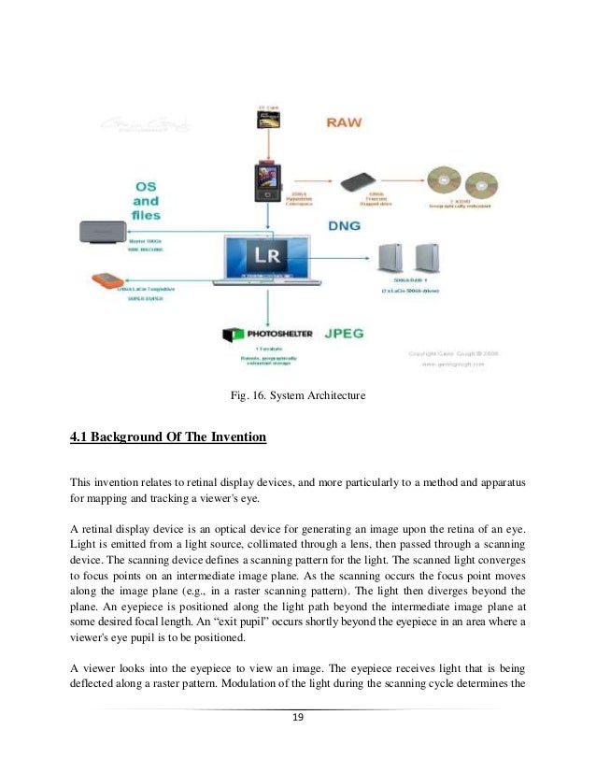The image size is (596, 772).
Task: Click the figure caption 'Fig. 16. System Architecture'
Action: pos(297,396)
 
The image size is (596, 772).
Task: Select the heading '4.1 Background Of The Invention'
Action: pos(168,436)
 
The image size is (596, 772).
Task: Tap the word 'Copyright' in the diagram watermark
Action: pos(426,353)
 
